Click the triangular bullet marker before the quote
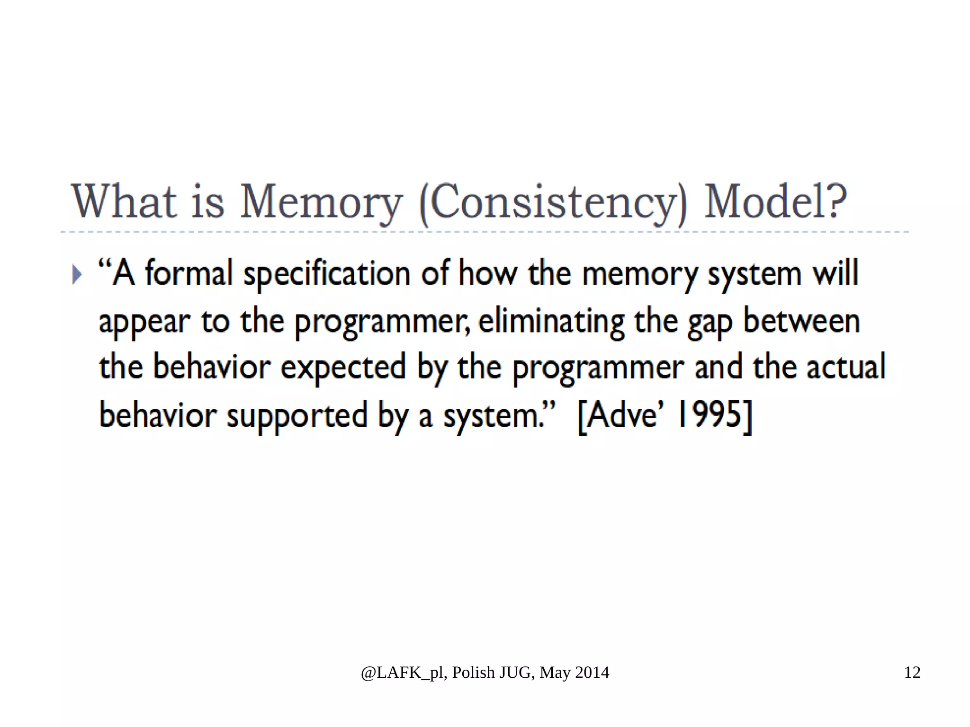coord(77,274)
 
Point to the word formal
coord(189,273)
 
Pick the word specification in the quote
coord(327,275)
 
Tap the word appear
coord(144,323)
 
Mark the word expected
coord(343,368)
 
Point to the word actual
coord(846,367)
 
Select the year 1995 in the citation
coord(709,414)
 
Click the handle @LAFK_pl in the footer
coord(402,673)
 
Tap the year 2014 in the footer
coord(592,673)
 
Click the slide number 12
coord(912,673)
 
